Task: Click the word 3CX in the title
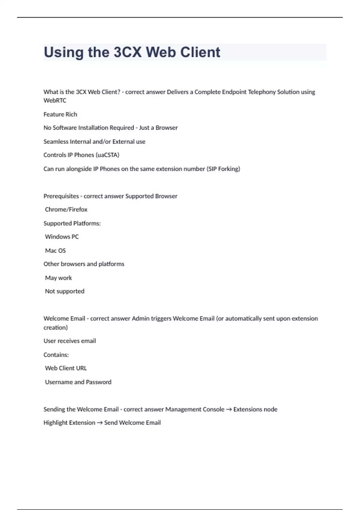coord(127,52)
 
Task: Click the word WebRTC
coord(55,100)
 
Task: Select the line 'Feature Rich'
coord(60,114)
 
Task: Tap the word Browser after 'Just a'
coord(166,128)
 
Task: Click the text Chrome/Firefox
coord(66,209)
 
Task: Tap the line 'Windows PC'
coord(62,237)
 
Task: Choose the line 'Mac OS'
coord(55,250)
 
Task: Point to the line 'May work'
coord(58,278)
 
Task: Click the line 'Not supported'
coord(64,291)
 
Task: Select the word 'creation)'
coord(55,328)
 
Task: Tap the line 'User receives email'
coord(70,341)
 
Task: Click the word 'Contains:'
coord(56,355)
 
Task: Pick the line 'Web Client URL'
coord(66,368)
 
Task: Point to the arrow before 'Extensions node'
coord(229,409)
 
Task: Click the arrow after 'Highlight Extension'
coord(100,423)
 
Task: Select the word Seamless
coord(56,142)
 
